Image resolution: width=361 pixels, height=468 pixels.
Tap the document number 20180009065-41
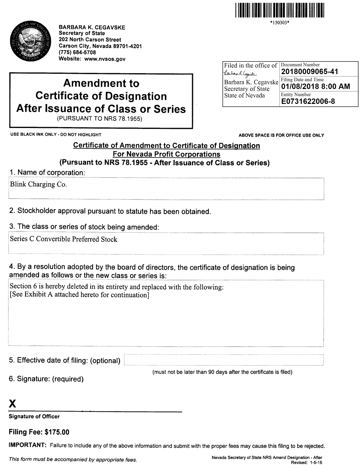tap(309, 72)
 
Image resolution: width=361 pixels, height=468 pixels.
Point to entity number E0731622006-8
tap(308, 101)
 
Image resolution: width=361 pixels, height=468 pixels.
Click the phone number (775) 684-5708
tap(77, 52)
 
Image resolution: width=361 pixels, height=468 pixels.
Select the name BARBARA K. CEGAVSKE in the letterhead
tap(92, 27)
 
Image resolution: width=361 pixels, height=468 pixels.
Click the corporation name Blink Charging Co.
tap(38, 184)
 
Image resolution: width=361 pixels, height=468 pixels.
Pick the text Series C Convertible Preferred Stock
tap(64, 239)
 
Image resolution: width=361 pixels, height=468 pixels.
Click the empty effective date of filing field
tap(224, 360)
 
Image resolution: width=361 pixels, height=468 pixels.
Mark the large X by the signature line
tap(13, 404)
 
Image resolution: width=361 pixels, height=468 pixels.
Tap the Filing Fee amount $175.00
tap(57, 432)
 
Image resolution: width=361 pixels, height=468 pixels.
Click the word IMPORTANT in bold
tap(27, 445)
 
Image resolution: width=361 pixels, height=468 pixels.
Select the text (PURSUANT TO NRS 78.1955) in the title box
tap(99, 119)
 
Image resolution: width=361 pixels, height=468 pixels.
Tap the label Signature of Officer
tap(34, 417)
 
